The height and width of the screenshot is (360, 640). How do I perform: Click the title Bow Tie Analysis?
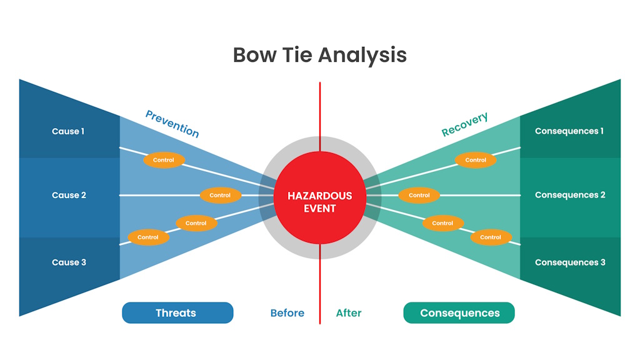coord(319,55)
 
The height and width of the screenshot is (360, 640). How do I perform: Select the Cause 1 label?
coord(68,131)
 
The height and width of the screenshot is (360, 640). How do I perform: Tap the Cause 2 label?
coord(69,195)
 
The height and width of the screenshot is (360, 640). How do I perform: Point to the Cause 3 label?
coord(69,262)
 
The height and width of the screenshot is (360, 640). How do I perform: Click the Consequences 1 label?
coord(569,131)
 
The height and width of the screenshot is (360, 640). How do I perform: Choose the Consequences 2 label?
coord(570,195)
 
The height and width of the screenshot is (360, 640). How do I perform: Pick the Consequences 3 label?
coord(570,262)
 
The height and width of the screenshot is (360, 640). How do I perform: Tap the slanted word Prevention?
coord(172,124)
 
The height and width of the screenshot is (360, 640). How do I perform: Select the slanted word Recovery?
coord(464,124)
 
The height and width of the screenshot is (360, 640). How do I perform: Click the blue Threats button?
coord(177,313)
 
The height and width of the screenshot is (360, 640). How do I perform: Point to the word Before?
coord(287,313)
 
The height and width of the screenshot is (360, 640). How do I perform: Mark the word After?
coord(349,313)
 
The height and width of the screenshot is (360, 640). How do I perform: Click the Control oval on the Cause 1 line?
coord(164,160)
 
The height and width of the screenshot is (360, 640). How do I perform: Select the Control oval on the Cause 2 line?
coord(220,195)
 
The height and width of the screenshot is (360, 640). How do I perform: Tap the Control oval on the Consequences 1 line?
coord(476,160)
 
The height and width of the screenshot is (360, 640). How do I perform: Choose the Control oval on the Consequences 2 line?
coord(419,195)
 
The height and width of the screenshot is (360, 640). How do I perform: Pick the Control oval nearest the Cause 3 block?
coord(148,237)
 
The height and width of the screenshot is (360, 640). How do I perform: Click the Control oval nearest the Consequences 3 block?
coord(491,237)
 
